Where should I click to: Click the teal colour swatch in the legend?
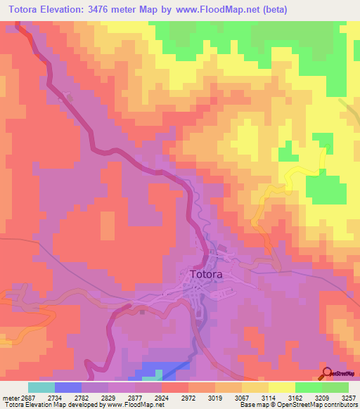pos(41,387)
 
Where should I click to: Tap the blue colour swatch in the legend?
pos(68,387)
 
